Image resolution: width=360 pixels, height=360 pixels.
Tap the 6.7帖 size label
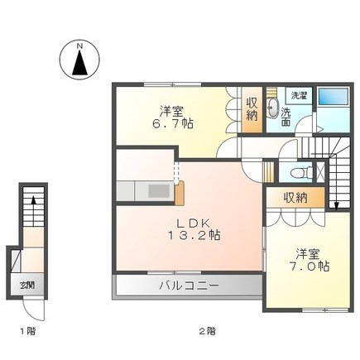pos(176,124)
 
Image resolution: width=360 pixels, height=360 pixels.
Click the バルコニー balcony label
pos(189,286)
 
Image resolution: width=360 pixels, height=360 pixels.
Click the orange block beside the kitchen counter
pos(179,190)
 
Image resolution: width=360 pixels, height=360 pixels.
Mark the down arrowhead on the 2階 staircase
pos(337,204)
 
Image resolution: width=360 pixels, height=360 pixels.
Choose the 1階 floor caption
pos(26,331)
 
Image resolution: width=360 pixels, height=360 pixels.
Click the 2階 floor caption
pos(206,331)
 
